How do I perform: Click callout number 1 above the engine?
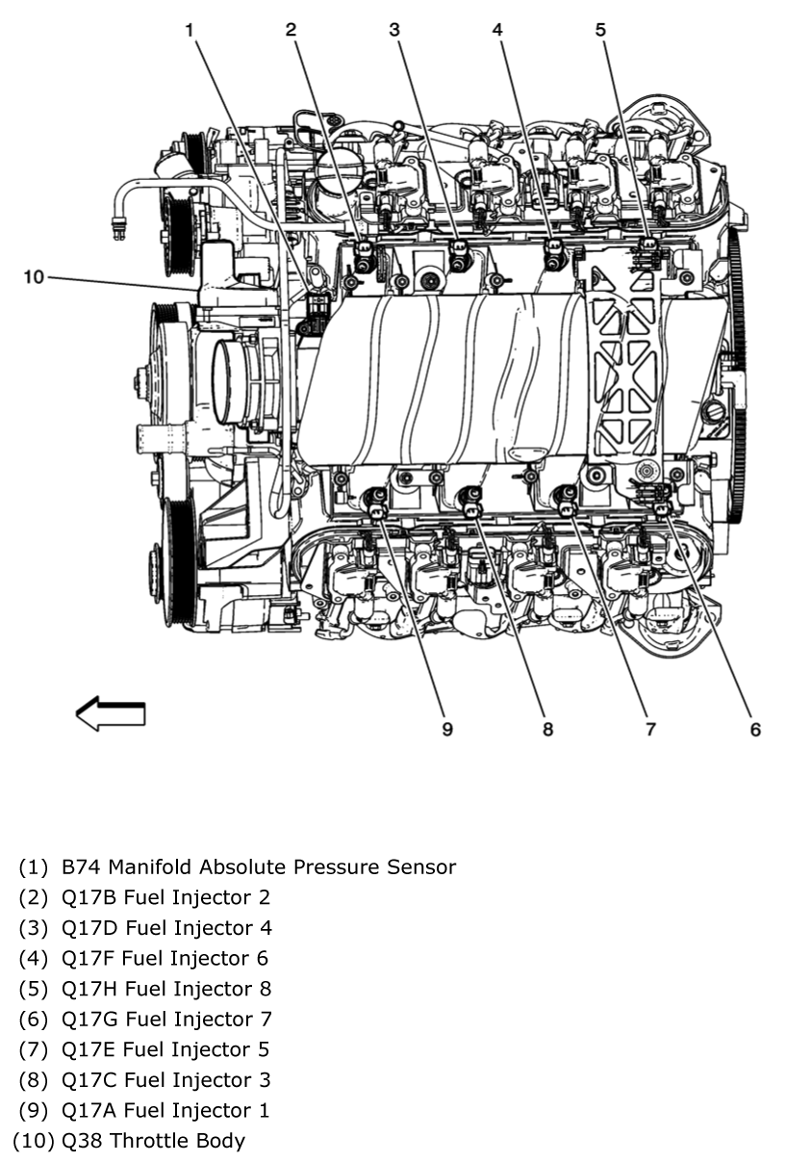(x=190, y=30)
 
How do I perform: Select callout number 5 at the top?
(x=600, y=30)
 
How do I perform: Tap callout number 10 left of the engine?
(x=34, y=277)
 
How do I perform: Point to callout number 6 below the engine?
(x=755, y=729)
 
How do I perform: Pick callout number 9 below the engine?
(x=446, y=729)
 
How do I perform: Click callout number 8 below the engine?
(x=547, y=729)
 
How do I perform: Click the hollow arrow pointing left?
(x=111, y=713)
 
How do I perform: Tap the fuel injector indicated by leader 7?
(x=567, y=499)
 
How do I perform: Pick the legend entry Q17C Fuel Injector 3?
(x=165, y=1079)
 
